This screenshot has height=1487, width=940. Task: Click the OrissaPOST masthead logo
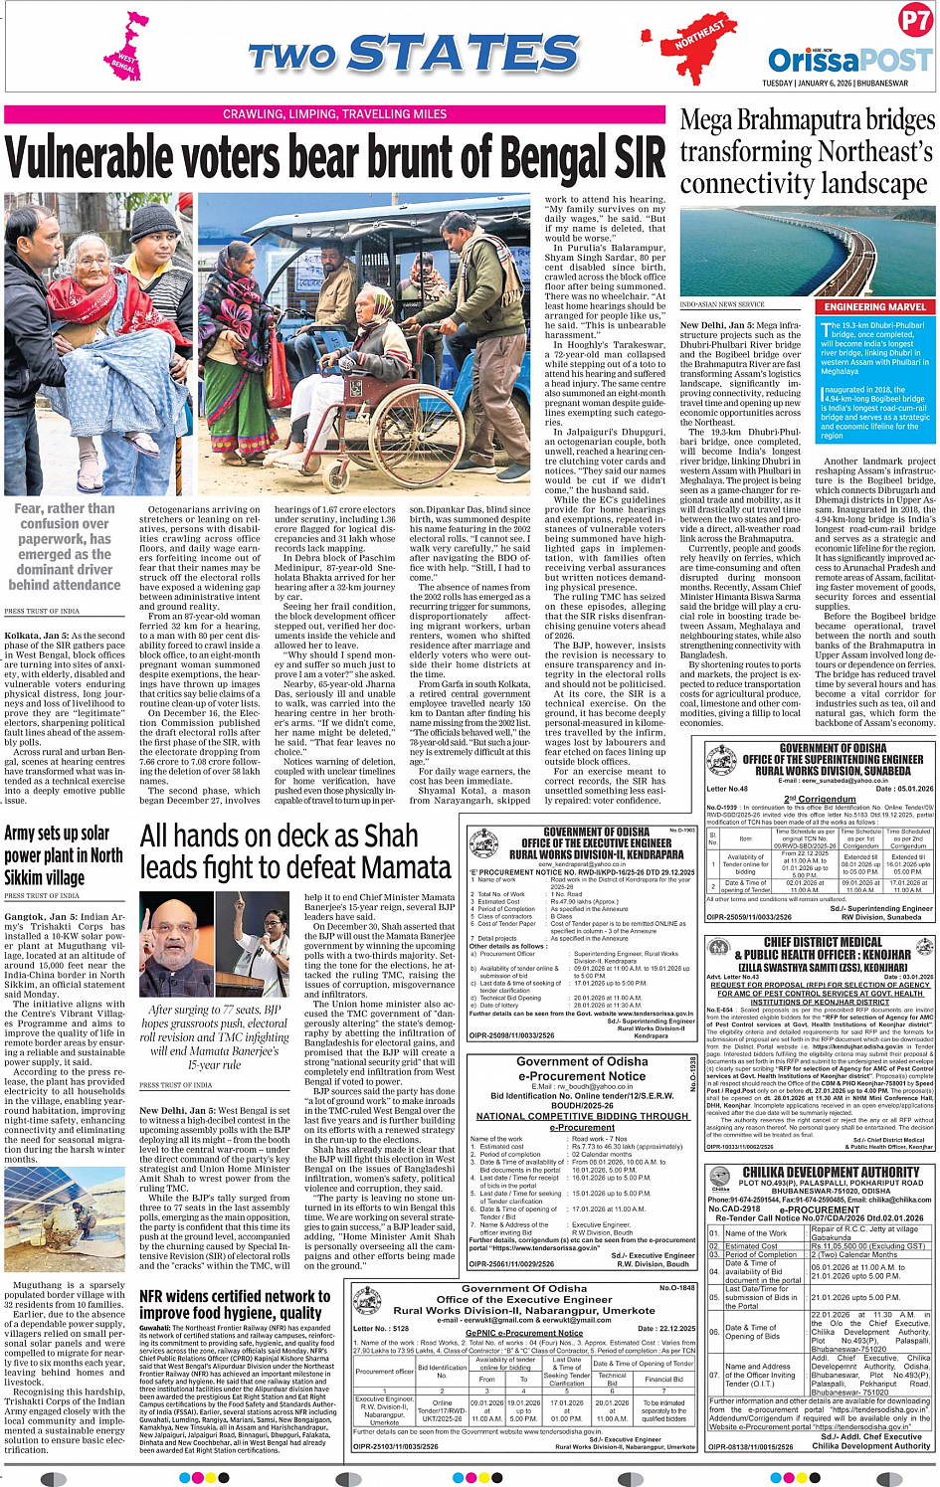point(849,59)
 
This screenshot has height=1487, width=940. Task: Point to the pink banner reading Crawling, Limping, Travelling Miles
point(334,114)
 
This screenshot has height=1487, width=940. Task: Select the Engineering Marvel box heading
point(874,307)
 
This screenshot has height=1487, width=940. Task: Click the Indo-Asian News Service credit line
point(722,304)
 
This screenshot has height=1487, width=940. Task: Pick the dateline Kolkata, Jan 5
point(36,636)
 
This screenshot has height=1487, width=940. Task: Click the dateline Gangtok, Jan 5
point(39,916)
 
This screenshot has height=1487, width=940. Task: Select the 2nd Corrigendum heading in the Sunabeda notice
point(820,799)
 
